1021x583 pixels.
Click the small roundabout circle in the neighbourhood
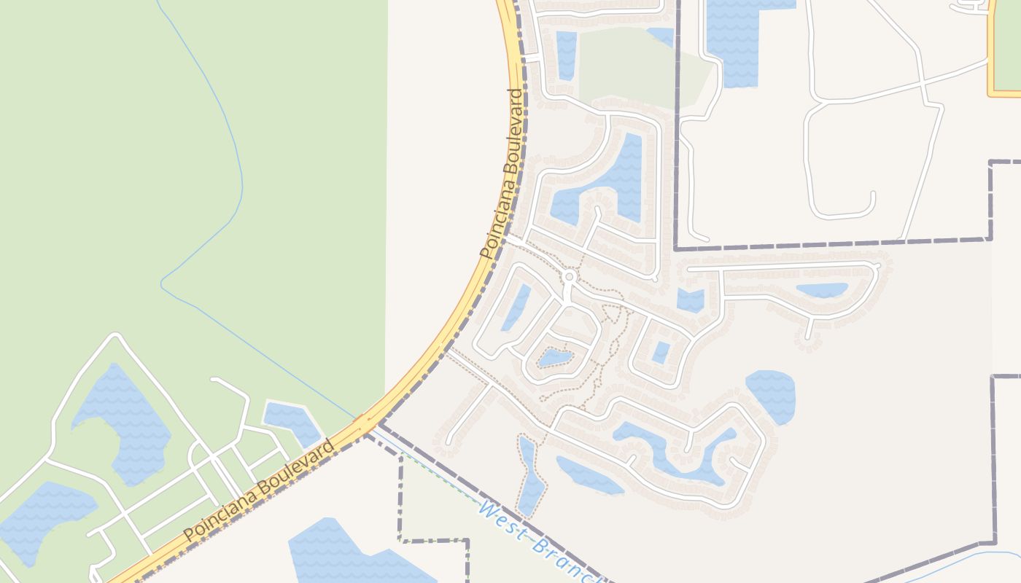(569, 277)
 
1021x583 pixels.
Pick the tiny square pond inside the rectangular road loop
(661, 352)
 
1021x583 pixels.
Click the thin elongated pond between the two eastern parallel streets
(822, 290)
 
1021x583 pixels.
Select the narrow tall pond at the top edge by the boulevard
(566, 55)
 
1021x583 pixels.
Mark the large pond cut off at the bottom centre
(350, 557)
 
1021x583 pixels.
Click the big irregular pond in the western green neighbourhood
(124, 423)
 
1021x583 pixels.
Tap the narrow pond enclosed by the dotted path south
(530, 474)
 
